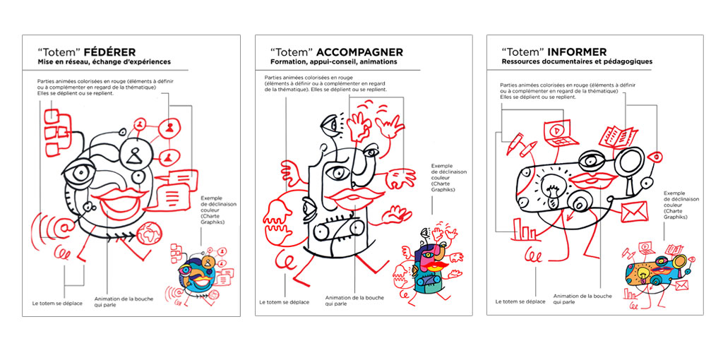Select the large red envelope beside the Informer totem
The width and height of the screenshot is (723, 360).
coord(635,212)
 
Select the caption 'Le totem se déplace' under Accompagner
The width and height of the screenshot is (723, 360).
coord(284,302)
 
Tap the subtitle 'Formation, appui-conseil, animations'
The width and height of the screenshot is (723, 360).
coord(333,61)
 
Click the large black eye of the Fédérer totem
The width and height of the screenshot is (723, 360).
coord(80,173)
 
